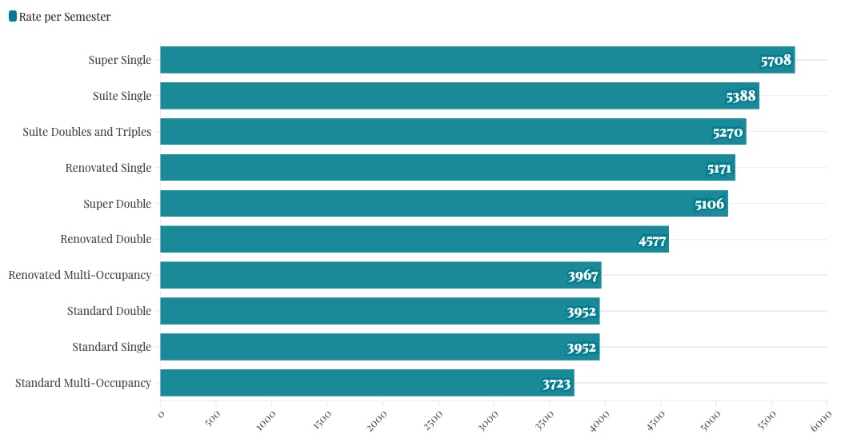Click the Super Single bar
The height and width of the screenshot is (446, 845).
[477, 60]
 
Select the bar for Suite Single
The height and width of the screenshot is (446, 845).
[459, 96]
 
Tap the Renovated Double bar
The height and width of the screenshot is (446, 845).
[414, 239]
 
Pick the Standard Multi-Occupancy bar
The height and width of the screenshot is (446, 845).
[366, 383]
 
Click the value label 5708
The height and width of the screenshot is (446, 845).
[775, 61]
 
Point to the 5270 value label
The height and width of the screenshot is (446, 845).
[727, 133]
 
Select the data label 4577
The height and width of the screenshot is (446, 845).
[652, 241]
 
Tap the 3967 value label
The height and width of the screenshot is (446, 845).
[583, 277]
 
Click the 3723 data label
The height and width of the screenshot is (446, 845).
[556, 384]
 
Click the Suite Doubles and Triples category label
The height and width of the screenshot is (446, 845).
[86, 132]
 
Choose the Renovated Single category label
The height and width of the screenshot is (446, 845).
[108, 168]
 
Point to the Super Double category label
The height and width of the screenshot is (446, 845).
[117, 204]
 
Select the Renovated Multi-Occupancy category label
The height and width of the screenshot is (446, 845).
[79, 275]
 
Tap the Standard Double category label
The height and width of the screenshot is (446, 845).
[109, 311]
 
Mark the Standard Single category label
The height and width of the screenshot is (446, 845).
[111, 347]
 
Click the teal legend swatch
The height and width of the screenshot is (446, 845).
[13, 16]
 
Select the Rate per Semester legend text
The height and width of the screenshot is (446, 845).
[65, 17]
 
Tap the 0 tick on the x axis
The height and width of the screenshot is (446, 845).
[161, 413]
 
